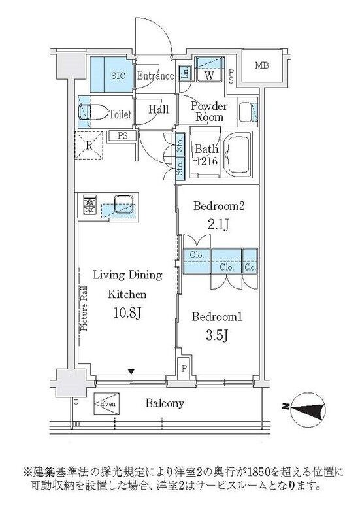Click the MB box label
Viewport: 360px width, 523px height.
pyautogui.click(x=261, y=65)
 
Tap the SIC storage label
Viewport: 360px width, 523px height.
pyautogui.click(x=118, y=75)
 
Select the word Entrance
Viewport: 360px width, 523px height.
pyautogui.click(x=155, y=76)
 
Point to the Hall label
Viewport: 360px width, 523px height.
pyautogui.click(x=158, y=110)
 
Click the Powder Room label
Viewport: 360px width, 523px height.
pyautogui.click(x=209, y=112)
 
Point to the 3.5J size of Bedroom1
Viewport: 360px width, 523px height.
pyautogui.click(x=216, y=336)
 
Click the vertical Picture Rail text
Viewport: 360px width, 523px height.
pyautogui.click(x=85, y=311)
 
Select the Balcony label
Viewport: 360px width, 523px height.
pyautogui.click(x=164, y=403)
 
